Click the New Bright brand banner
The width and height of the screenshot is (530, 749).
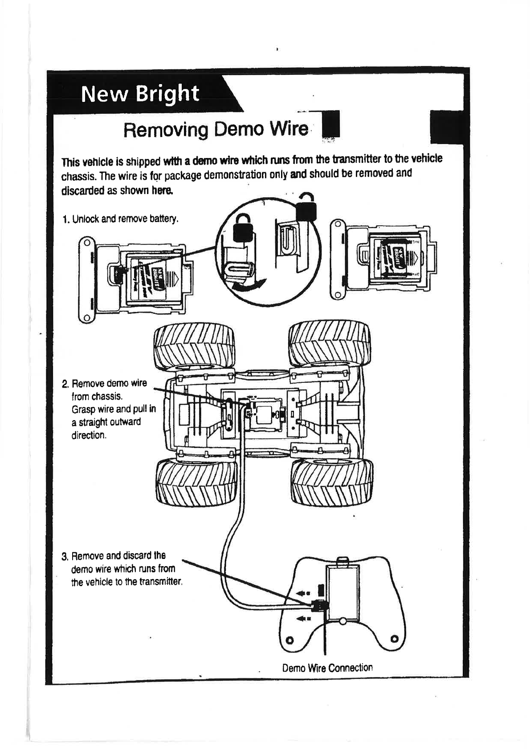coord(140,94)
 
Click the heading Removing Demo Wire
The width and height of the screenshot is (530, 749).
coord(216,130)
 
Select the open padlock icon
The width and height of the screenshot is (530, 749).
coord(306,207)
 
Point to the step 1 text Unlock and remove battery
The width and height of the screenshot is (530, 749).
coord(120,219)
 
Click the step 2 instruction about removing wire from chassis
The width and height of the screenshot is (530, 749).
coord(109,409)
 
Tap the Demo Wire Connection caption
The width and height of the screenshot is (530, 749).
coord(327,668)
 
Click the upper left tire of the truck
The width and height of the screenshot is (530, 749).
coord(194,347)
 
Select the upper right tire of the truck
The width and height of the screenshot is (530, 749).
coord(330,344)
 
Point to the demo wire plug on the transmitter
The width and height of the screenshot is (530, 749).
coord(319,605)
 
